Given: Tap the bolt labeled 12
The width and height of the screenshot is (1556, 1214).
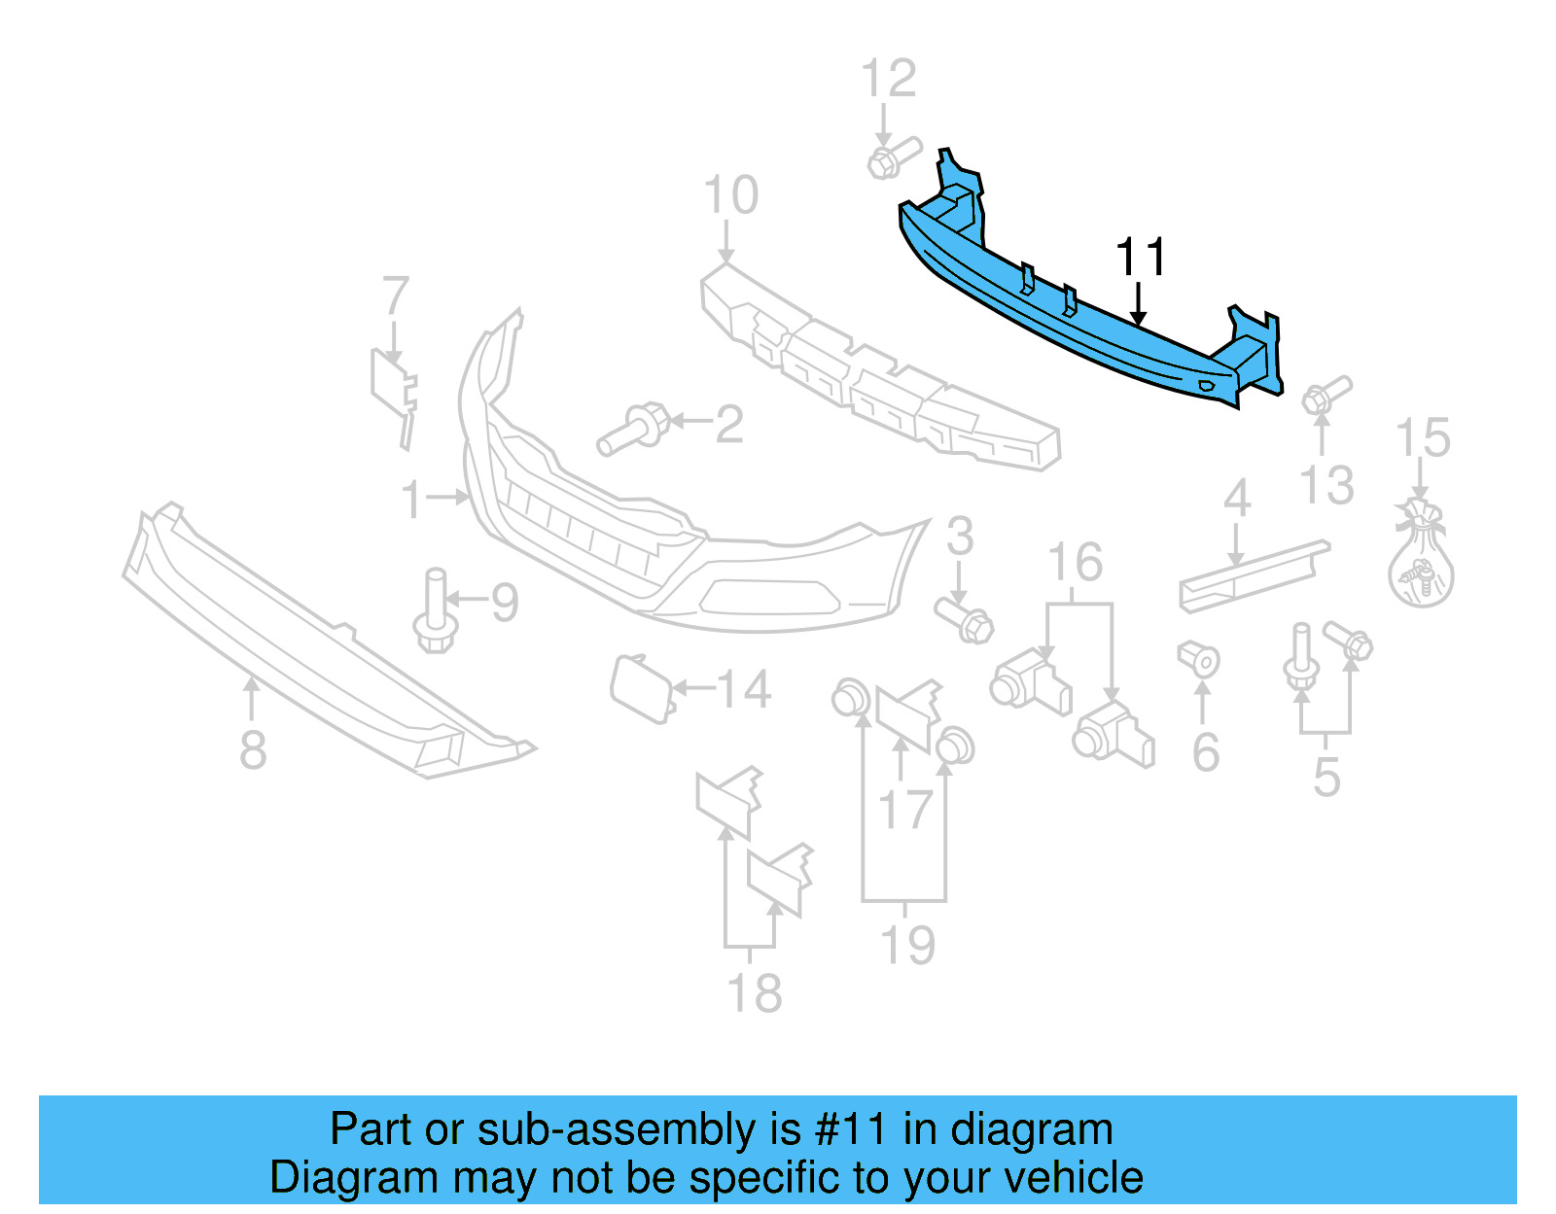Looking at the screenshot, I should [891, 158].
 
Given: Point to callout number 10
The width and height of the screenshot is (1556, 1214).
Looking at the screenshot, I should [730, 195].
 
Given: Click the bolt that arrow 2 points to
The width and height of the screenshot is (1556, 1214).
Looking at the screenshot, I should [632, 430].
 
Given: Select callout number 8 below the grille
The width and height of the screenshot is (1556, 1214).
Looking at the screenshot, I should [253, 750].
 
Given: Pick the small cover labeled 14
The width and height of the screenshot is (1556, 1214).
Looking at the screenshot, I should [640, 687].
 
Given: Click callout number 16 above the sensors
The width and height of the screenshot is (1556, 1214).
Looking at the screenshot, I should [1075, 563].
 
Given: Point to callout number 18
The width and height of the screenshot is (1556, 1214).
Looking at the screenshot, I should [754, 993].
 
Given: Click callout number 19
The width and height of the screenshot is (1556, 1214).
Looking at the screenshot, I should [906, 945].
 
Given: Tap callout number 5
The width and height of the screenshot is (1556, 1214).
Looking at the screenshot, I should [1326, 778].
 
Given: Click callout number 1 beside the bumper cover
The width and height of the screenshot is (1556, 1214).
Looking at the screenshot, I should [411, 500].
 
